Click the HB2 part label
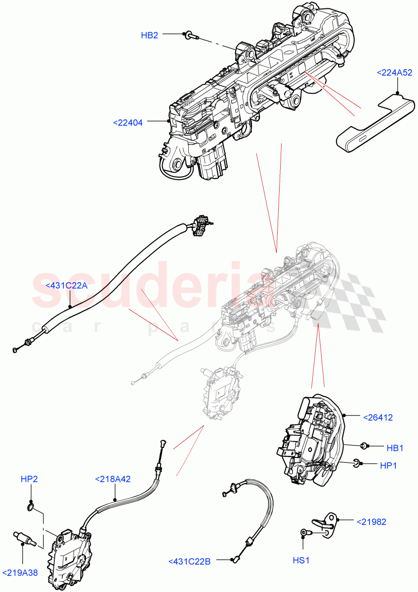click(x=150, y=36)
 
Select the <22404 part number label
click(x=128, y=123)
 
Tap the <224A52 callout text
click(x=394, y=73)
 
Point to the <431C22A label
click(x=66, y=285)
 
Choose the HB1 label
click(x=395, y=448)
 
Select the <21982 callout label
click(x=371, y=521)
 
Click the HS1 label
click(x=301, y=560)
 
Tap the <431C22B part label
click(x=190, y=561)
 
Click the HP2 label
click(x=30, y=479)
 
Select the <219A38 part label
click(x=20, y=573)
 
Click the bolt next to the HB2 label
click(x=189, y=36)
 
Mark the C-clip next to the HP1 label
click(x=357, y=462)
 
